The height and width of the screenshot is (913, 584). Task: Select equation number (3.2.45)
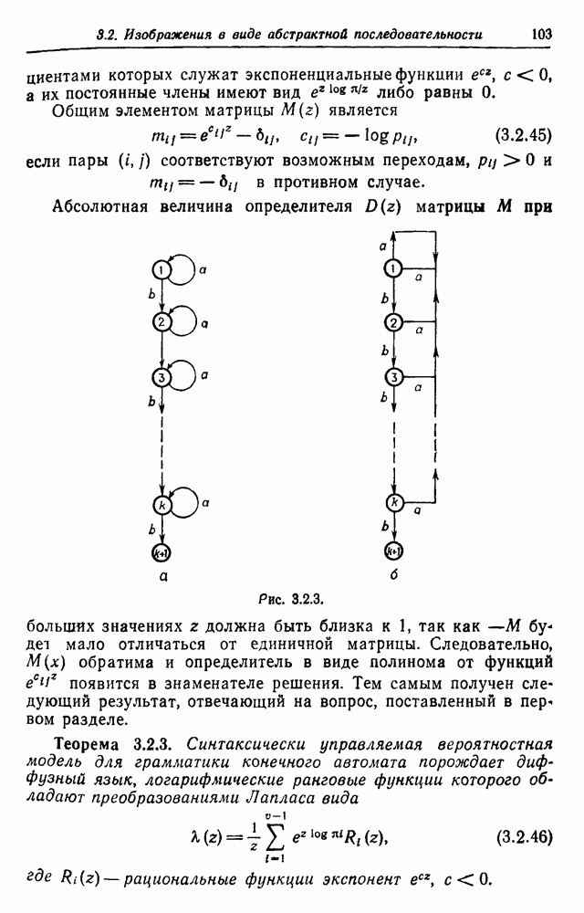point(523,136)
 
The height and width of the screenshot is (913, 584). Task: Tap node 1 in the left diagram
point(162,269)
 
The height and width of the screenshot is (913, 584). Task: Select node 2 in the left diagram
point(162,322)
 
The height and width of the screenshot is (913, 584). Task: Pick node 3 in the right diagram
point(394,377)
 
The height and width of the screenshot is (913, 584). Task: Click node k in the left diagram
point(162,504)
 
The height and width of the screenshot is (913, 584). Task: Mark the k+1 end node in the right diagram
point(394,551)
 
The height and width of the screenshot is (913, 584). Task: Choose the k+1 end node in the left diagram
point(162,551)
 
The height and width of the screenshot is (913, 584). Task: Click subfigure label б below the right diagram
point(394,577)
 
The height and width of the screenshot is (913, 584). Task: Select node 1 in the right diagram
point(394,268)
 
